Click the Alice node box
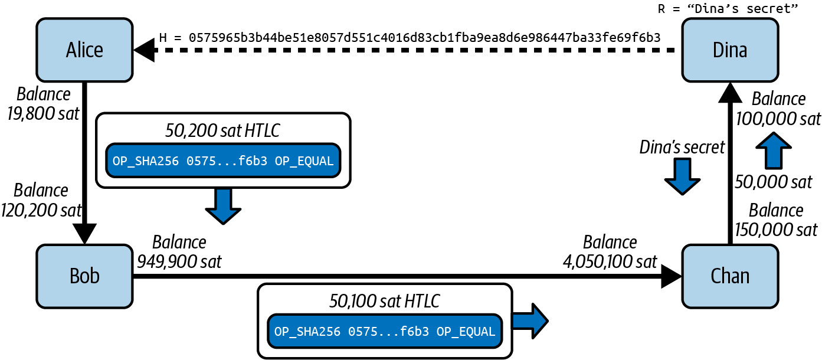point(84,50)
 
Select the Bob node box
point(84,276)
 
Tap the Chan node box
point(731,276)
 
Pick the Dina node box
point(731,50)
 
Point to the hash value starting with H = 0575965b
point(410,38)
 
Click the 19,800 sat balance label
point(43,103)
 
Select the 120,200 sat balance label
point(41,199)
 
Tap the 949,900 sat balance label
point(179,251)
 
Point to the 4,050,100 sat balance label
point(610,251)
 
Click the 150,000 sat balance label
point(776,220)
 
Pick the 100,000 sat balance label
point(778,108)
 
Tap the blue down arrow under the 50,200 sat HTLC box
point(223,206)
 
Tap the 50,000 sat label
point(773,182)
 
